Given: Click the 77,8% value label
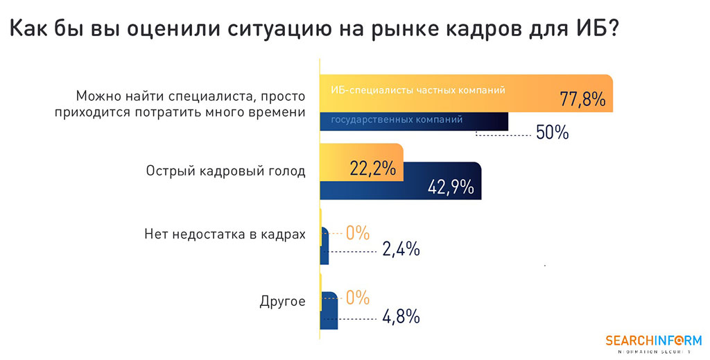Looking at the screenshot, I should point(582,100).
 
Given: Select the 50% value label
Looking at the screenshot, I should point(553,132).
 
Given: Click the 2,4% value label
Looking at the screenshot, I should point(401,249).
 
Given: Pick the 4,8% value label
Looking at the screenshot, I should point(401,317).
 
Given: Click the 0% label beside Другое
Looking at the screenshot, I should point(358,298).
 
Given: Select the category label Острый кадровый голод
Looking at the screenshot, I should point(225,171).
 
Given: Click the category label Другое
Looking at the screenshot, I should point(282,302).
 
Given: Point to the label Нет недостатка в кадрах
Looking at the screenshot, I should point(225,234).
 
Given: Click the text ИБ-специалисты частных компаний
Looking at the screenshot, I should point(418,90).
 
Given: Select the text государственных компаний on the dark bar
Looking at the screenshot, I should point(397,120).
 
